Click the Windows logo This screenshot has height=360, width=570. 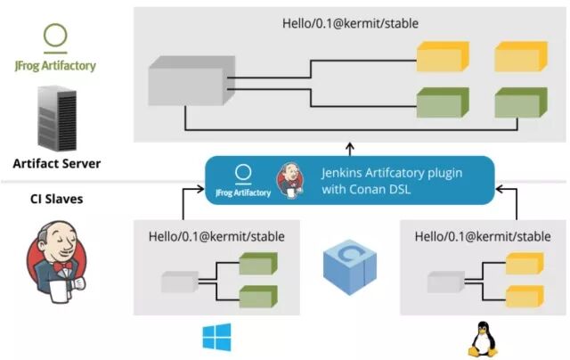pos(216,337)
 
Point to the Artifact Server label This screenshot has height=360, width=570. pos(57,163)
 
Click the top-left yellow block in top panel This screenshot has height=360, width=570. pos(441,57)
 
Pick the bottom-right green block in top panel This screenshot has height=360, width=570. pos(519,102)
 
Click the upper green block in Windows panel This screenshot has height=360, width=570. pos(258,265)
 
